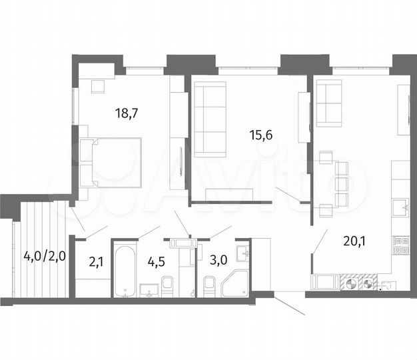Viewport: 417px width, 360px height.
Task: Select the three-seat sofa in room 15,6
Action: click(x=209, y=118)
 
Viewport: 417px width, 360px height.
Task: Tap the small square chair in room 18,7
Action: click(x=97, y=85)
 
